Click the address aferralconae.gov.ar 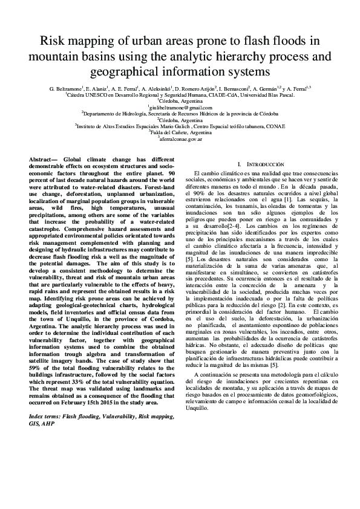180,138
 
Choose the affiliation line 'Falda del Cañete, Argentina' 180,132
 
